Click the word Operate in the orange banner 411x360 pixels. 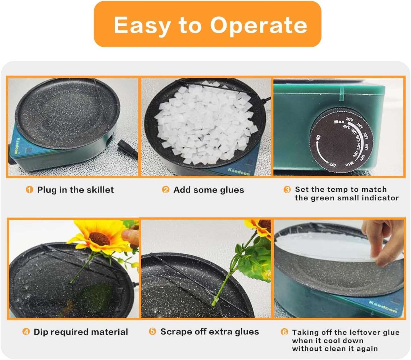tap(259, 25)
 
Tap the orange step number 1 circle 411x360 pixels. tap(29, 190)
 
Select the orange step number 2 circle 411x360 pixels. tap(166, 190)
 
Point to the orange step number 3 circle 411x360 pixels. tap(287, 190)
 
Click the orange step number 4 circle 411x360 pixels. tap(26, 332)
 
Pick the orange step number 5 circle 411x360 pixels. tap(152, 331)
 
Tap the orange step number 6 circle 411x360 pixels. tap(284, 332)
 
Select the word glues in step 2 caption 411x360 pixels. tap(232, 190)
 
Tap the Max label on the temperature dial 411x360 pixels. tap(339, 122)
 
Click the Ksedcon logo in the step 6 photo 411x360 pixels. tap(383, 307)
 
